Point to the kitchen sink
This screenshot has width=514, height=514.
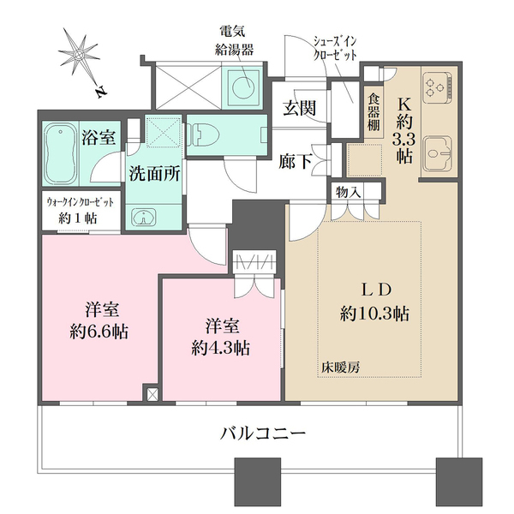coord(439,154)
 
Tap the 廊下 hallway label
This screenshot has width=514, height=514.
coord(296,159)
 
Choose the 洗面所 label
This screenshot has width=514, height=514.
coord(154,172)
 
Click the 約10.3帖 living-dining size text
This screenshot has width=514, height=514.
coord(374,314)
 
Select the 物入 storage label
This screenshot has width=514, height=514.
coord(347,192)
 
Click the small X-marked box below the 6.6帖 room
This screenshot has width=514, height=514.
coord(153,395)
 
